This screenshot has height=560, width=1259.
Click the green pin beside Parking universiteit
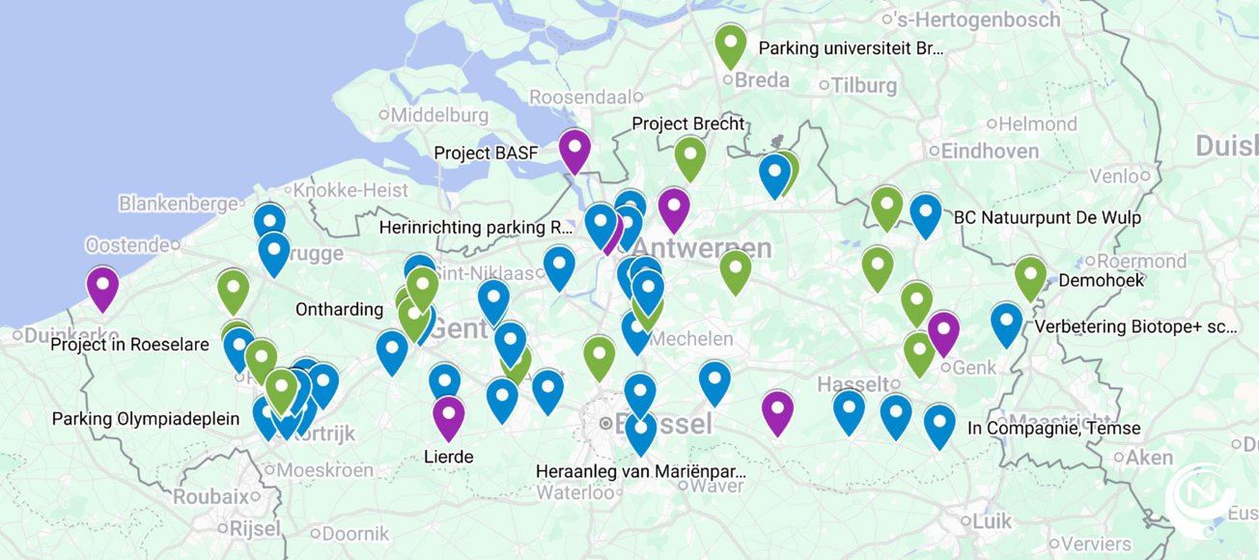(x=731, y=44)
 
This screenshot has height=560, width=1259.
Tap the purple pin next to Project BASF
(x=574, y=150)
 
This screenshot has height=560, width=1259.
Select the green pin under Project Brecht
(x=690, y=156)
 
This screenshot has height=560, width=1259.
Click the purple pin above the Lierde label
(x=448, y=416)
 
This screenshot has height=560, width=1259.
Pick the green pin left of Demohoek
(x=1030, y=277)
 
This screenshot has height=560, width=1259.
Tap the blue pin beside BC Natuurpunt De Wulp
(x=925, y=214)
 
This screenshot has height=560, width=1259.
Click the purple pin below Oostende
(x=102, y=287)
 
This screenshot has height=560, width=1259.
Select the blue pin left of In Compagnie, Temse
(x=939, y=425)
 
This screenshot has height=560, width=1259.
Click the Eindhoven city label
(x=990, y=151)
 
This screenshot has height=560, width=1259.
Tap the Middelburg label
(x=439, y=114)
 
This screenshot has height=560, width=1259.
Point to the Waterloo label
(x=575, y=492)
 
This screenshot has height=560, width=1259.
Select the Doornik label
(x=354, y=533)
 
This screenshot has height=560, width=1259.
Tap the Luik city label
(x=992, y=521)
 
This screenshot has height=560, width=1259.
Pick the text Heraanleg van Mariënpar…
(x=641, y=472)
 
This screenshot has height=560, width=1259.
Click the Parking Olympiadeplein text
(x=146, y=419)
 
